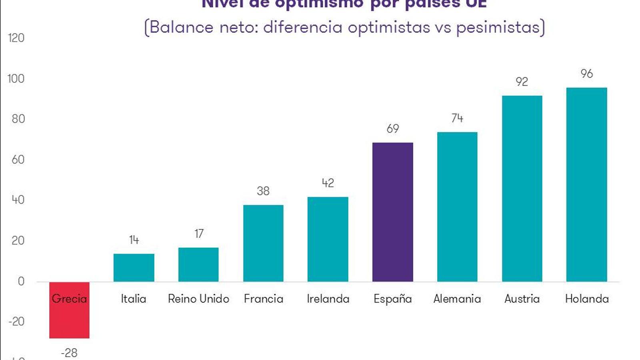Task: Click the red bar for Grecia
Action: click(69, 316)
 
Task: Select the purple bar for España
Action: click(392, 212)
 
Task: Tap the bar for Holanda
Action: click(586, 184)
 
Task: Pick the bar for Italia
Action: click(134, 268)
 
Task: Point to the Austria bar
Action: click(522, 188)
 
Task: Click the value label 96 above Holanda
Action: click(586, 74)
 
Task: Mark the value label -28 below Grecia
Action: click(69, 353)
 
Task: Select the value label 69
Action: click(392, 129)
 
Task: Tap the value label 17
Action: click(199, 234)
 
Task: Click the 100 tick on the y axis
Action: click(16, 79)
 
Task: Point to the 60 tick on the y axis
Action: click(18, 160)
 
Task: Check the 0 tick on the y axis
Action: click(21, 281)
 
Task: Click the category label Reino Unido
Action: click(198, 299)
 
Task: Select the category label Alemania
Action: click(457, 299)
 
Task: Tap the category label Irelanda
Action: click(328, 299)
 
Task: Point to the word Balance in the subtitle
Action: click(182, 27)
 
